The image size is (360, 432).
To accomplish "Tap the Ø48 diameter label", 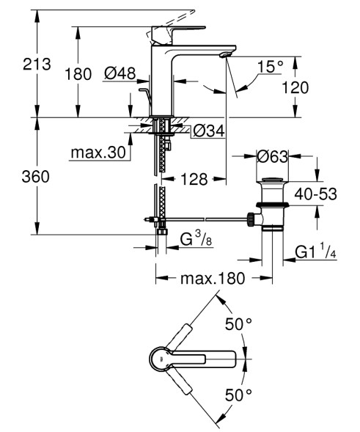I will click(x=119, y=73).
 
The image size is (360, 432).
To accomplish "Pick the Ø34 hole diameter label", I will click(x=209, y=131).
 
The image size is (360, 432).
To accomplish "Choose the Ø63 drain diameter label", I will click(x=273, y=155).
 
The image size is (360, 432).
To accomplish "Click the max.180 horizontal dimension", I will click(x=213, y=279).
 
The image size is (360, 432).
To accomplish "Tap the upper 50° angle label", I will click(x=239, y=323).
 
